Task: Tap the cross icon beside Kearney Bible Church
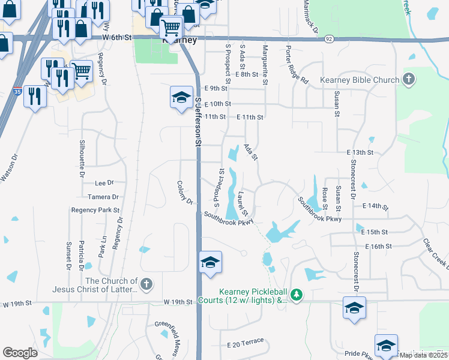(x=408, y=79)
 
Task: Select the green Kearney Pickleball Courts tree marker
(x=296, y=295)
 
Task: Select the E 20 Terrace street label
(x=246, y=342)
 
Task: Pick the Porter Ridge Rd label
(x=296, y=65)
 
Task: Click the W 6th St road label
(x=116, y=37)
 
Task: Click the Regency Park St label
(x=95, y=210)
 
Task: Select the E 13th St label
(x=360, y=153)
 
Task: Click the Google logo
(x=20, y=353)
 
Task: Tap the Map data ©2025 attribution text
(x=423, y=355)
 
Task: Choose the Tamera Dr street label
(x=103, y=197)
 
